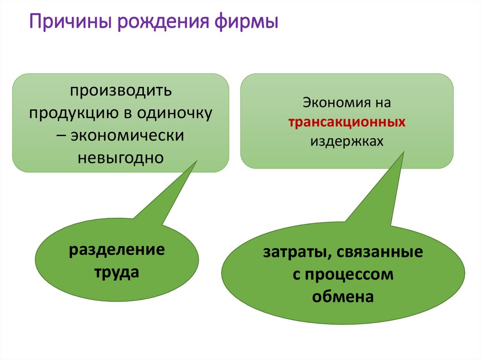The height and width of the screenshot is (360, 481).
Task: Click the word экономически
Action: pos(127,135)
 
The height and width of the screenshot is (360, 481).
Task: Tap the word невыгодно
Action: pos(121,158)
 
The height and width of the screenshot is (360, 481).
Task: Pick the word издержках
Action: pos(347,142)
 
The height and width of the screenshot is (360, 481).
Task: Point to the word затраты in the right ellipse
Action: pos(292,253)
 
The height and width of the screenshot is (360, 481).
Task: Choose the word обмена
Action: pos(343,297)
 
